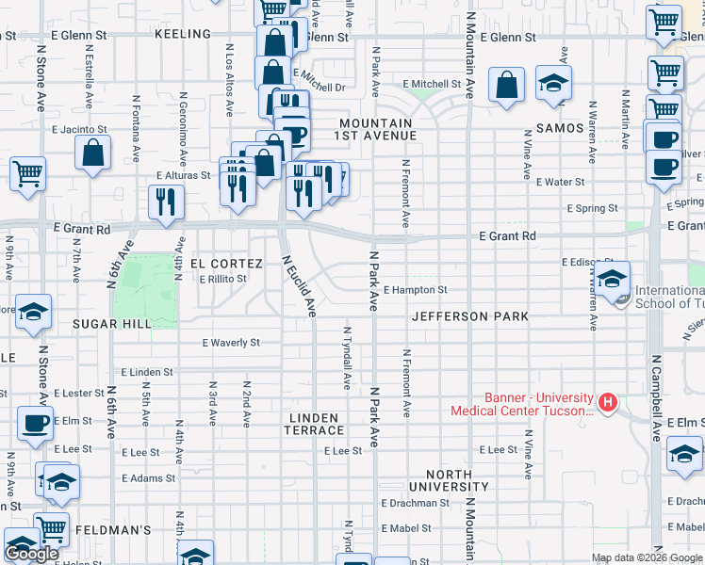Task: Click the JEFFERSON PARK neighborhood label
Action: coord(469,316)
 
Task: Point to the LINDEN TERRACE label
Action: coord(315,424)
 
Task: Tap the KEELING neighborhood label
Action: coord(183,34)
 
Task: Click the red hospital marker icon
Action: coord(608,403)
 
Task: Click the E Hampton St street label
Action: coord(415,290)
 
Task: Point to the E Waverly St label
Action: coord(231,343)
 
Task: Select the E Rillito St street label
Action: coord(222,279)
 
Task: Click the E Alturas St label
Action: coord(182,176)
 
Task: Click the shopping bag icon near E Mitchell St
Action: coord(507,85)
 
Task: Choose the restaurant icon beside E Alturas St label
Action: coord(166,201)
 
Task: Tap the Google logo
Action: coord(31,554)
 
